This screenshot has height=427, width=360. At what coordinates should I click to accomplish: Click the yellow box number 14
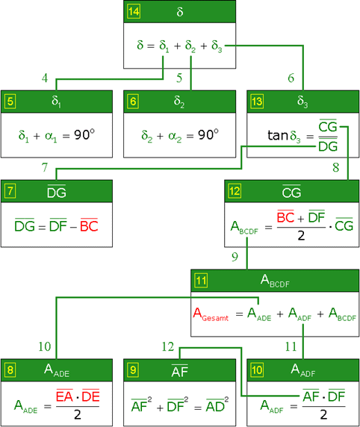click(x=134, y=11)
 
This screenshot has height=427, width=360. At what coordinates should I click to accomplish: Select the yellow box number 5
click(x=10, y=102)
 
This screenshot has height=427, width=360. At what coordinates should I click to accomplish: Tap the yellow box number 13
click(x=257, y=102)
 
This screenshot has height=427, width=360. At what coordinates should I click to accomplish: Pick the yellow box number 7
click(x=10, y=191)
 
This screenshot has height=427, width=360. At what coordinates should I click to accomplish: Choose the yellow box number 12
click(x=235, y=191)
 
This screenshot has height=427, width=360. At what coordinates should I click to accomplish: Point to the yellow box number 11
click(x=201, y=281)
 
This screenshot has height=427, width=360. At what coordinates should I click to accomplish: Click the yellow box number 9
click(x=133, y=370)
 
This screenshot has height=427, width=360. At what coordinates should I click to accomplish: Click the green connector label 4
click(x=45, y=78)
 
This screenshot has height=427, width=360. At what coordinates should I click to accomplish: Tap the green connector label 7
click(x=45, y=167)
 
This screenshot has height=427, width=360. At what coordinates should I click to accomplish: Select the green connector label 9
click(x=235, y=257)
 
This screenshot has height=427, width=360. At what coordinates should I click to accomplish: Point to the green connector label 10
click(x=44, y=346)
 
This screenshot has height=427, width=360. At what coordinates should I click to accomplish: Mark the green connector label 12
click(x=167, y=346)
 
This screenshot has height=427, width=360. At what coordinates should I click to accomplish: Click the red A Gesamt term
click(x=211, y=314)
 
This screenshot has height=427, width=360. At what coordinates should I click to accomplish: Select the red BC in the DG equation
click(x=89, y=225)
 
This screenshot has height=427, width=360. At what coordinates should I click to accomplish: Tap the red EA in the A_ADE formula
click(x=64, y=396)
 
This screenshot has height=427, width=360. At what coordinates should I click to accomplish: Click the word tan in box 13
click(x=278, y=135)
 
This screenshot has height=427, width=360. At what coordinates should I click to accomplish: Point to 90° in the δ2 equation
click(x=208, y=134)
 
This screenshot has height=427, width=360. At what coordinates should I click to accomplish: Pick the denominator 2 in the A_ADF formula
click(x=323, y=414)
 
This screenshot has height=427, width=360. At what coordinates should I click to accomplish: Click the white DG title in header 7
click(x=57, y=193)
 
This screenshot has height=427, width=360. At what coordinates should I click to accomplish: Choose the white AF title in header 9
click(x=179, y=371)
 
